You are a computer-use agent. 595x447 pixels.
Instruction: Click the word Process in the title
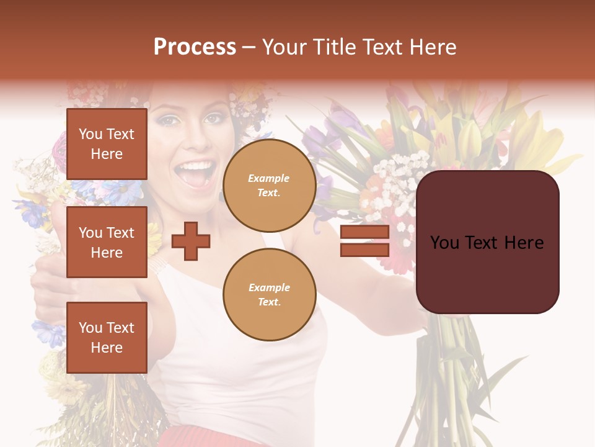(195, 47)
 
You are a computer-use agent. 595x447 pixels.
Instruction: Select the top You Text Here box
(107, 144)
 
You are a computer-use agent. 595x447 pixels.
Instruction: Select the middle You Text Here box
(107, 242)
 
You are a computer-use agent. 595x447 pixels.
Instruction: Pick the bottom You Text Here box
(107, 337)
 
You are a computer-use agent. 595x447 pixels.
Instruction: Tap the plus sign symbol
(191, 241)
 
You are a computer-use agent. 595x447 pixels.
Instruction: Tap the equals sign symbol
(364, 241)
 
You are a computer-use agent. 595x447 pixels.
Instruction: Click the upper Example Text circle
(269, 186)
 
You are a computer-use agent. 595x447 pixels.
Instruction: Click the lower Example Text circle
(269, 295)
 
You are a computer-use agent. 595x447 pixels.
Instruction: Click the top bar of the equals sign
(364, 232)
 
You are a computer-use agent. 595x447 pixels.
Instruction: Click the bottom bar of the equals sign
(364, 250)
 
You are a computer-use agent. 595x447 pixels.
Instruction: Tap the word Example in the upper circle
(269, 179)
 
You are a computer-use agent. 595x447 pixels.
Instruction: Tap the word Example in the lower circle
(269, 288)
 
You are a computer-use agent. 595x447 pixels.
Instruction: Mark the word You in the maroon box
(445, 243)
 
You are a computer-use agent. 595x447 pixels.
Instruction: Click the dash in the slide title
(249, 47)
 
